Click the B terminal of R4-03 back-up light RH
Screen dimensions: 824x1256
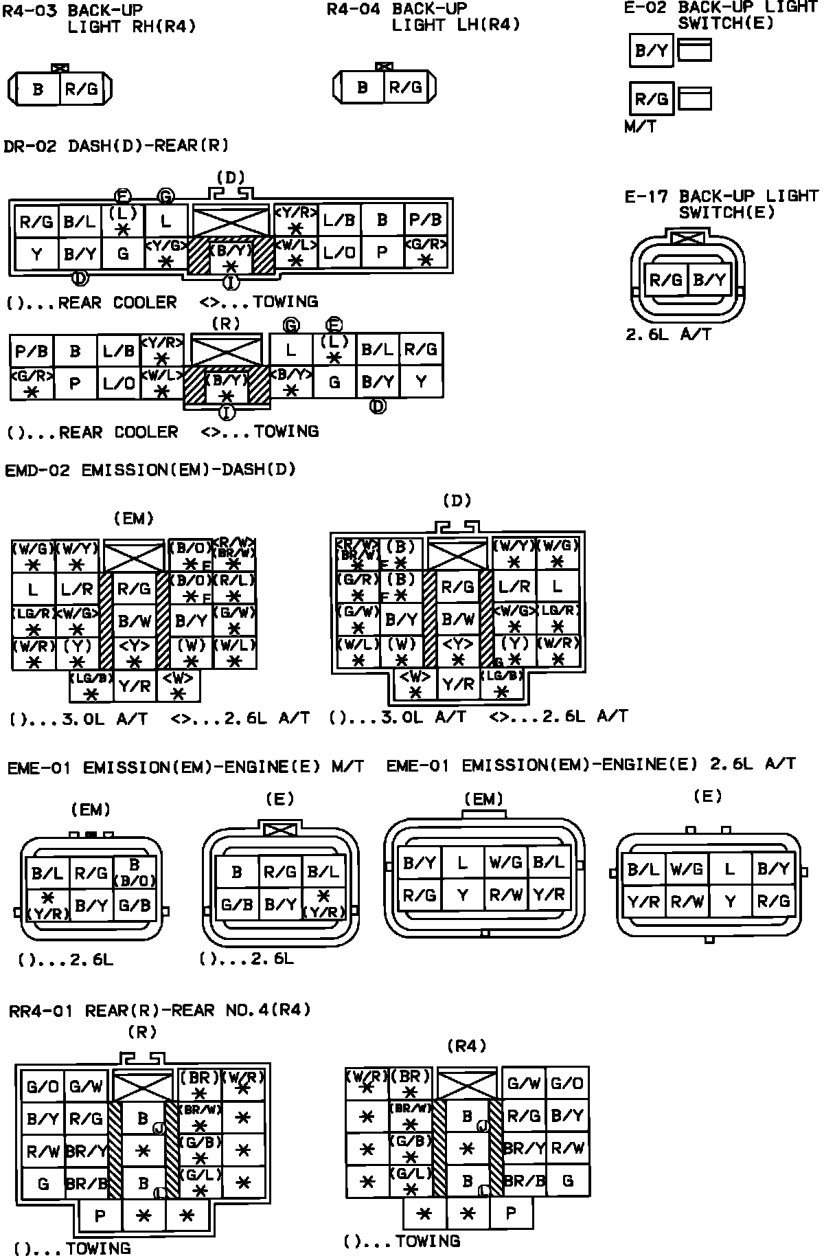coord(38,89)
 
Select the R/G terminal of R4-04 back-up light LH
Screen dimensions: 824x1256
coord(406,87)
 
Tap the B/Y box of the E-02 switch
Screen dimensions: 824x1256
coord(651,51)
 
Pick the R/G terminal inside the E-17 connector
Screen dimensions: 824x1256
coord(665,280)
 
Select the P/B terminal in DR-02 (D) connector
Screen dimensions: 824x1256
coord(426,221)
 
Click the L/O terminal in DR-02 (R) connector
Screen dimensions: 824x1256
coord(119,383)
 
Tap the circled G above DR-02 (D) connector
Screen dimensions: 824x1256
coord(165,197)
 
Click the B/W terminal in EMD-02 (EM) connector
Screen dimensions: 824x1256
coord(135,621)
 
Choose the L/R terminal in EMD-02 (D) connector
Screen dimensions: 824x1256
coord(514,587)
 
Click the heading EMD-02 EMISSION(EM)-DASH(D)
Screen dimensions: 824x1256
coord(150,470)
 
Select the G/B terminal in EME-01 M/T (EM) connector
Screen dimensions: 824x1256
coord(135,906)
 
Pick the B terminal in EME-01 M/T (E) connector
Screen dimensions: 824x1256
coord(237,873)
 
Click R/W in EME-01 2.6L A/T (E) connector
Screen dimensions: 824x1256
coord(687,902)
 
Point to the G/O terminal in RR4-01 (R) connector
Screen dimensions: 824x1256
coord(43,1086)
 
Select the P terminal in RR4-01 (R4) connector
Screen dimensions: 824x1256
coord(510,1213)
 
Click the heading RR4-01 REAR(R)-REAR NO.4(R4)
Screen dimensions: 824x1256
coord(160,1011)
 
